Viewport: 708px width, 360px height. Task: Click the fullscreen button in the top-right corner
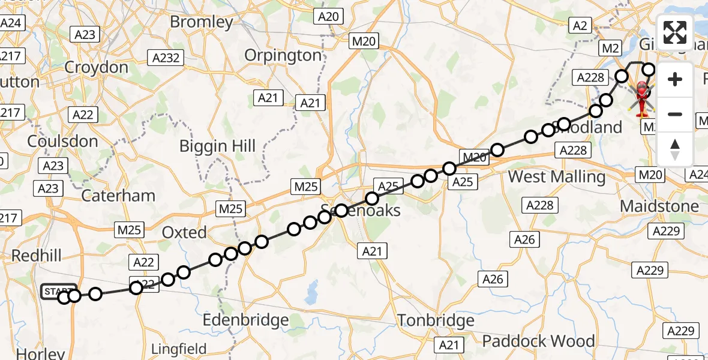[675, 32]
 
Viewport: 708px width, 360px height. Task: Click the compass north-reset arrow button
[675, 149]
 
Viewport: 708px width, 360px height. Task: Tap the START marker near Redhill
[58, 292]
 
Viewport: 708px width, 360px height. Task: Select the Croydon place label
[96, 67]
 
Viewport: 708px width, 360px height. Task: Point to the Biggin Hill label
[218, 146]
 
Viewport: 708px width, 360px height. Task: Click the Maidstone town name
[659, 206]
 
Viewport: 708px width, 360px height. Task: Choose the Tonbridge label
[436, 320]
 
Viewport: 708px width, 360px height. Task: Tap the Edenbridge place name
[245, 320]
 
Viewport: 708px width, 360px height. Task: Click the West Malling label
[557, 177]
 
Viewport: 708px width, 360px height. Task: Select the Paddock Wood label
[538, 341]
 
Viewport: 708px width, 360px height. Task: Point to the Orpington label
[283, 55]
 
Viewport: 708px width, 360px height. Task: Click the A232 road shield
[166, 58]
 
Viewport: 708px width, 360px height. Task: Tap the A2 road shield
[580, 25]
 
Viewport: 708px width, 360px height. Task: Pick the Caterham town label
[118, 196]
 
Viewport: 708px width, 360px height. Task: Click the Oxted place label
[184, 232]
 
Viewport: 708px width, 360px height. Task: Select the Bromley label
[201, 22]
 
